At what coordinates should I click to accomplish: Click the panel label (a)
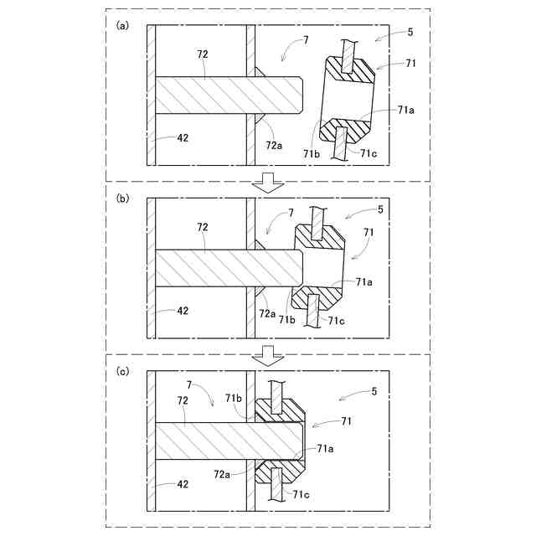click(122, 25)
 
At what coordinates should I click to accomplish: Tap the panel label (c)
click(122, 370)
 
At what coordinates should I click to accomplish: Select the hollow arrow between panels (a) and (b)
click(268, 182)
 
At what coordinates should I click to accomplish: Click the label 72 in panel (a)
click(203, 54)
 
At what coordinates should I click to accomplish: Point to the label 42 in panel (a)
click(183, 138)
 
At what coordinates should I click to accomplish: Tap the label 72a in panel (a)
click(275, 145)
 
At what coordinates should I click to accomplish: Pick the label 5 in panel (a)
click(410, 33)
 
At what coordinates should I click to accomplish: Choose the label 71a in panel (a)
click(405, 110)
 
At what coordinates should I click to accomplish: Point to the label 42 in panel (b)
click(183, 310)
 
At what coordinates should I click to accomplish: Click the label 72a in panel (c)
click(222, 474)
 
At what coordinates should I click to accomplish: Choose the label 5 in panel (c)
click(374, 391)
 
